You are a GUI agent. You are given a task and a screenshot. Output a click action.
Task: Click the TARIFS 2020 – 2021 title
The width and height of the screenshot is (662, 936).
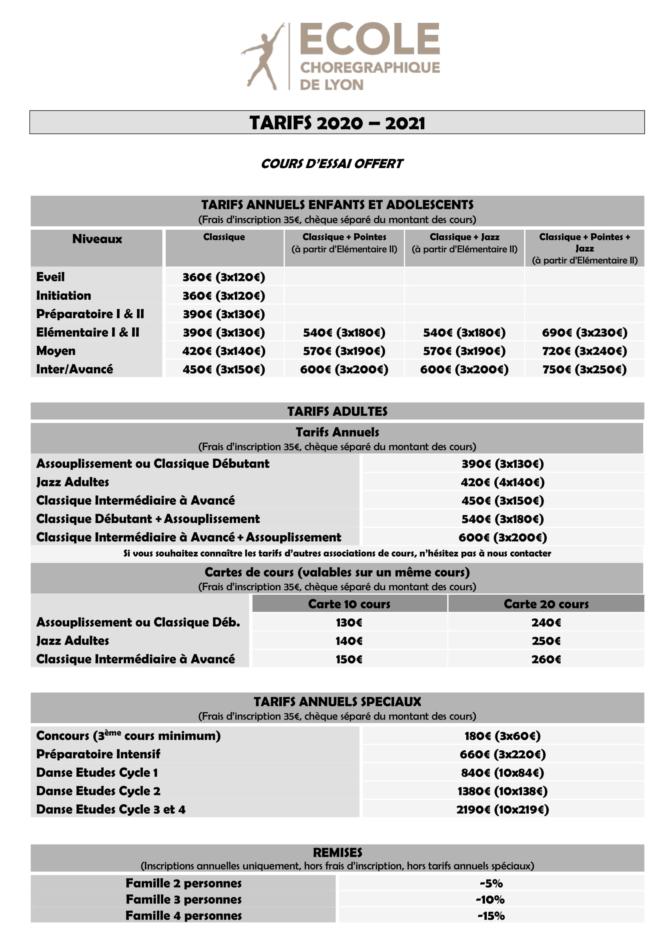click(x=337, y=123)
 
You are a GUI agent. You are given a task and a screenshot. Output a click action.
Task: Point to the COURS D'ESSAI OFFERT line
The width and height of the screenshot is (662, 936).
click(x=331, y=164)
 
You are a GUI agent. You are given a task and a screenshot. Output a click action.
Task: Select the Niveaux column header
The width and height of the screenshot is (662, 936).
click(x=97, y=239)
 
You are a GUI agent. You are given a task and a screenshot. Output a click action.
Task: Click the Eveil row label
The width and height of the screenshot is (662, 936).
click(x=50, y=277)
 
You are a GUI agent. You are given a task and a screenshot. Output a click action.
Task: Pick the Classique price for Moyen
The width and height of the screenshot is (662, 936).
click(x=224, y=351)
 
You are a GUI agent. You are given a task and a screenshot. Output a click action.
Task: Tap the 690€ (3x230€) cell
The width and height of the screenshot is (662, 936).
click(x=584, y=333)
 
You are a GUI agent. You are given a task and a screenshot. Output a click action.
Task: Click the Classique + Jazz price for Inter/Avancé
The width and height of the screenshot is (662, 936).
click(x=464, y=369)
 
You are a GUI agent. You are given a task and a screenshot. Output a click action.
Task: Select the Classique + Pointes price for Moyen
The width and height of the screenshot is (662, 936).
click(x=344, y=351)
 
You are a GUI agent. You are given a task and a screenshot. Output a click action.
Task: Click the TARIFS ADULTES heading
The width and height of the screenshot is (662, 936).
click(x=337, y=411)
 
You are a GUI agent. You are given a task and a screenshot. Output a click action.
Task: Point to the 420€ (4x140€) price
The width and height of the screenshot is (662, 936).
click(x=502, y=482)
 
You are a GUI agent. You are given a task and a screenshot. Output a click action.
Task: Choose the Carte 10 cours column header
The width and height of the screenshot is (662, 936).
click(x=349, y=604)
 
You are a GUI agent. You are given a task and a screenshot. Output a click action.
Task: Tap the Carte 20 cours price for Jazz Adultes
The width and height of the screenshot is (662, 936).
click(x=546, y=641)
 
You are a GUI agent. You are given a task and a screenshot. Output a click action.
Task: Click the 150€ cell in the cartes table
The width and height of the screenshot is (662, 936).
click(x=349, y=659)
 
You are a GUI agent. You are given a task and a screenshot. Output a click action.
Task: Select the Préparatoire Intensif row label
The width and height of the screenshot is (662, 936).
click(x=98, y=754)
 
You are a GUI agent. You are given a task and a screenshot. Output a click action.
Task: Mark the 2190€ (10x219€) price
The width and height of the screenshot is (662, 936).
click(x=502, y=809)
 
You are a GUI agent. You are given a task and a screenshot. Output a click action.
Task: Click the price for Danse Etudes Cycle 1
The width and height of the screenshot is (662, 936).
click(x=502, y=772)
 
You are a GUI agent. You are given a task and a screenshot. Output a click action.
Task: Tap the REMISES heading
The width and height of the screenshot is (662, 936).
click(x=337, y=852)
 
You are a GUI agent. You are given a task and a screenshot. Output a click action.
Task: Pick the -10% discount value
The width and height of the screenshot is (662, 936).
click(x=490, y=899)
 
